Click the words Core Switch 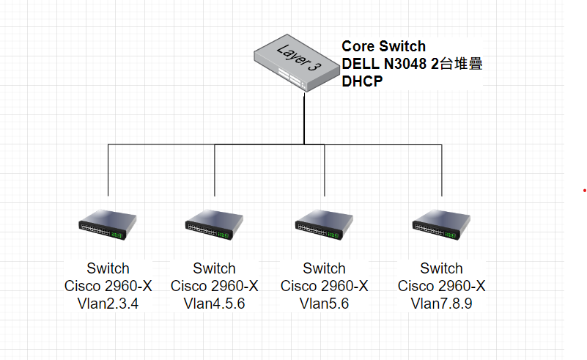click(383, 46)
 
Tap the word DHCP click(362, 81)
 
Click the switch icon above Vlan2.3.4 click(108, 227)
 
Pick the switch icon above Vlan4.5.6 click(214, 227)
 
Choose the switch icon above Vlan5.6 click(324, 227)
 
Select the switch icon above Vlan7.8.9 click(441, 227)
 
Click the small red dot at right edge click(585, 191)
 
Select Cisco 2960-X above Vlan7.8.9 click(441, 286)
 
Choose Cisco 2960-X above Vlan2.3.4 click(108, 286)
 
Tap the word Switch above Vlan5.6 click(324, 268)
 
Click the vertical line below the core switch click(303, 117)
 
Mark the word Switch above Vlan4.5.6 click(214, 268)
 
